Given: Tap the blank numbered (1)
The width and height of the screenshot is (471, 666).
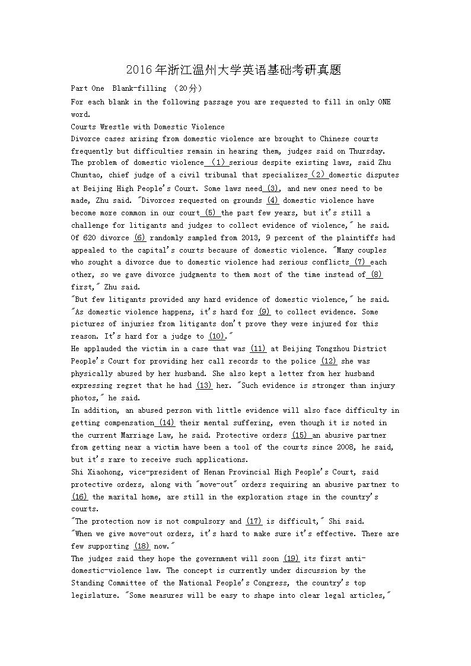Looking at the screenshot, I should (x=218, y=162).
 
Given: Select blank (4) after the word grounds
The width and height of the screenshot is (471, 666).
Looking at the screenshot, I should (x=273, y=200).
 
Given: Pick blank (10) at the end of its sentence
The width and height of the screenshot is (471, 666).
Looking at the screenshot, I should (x=217, y=336).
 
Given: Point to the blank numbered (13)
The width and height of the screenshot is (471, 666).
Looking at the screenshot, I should (x=204, y=385).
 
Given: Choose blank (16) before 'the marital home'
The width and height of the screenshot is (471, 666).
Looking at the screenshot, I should (x=79, y=497).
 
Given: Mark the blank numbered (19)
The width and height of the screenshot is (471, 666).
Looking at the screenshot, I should (x=291, y=559).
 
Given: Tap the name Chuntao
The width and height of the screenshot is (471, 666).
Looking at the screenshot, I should (x=87, y=175).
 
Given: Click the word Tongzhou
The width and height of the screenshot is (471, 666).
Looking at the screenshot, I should (x=333, y=349).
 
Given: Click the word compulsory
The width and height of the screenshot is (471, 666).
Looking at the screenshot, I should (x=203, y=521).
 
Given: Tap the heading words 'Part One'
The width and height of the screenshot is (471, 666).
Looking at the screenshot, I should (x=87, y=88).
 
